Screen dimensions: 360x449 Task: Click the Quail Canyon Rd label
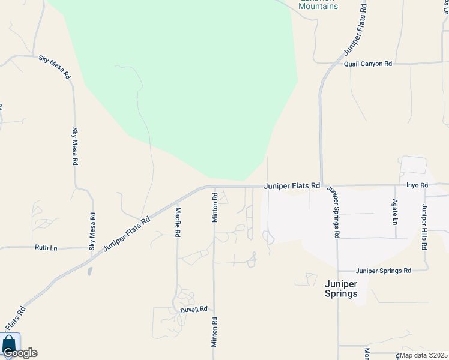(367, 64)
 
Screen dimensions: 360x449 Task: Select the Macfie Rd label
(178, 223)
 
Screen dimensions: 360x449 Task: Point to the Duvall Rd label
(194, 310)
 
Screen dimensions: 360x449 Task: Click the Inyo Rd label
(417, 186)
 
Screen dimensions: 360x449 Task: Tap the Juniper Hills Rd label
(424, 227)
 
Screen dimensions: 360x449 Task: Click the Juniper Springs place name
(341, 289)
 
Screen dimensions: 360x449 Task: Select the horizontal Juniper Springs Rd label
(383, 271)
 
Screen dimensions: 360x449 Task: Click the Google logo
(20, 353)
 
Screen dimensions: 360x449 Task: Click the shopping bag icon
(9, 344)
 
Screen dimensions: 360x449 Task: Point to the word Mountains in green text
(318, 7)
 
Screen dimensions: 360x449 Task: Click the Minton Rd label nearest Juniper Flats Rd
(215, 208)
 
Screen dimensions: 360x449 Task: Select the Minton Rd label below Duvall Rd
(214, 333)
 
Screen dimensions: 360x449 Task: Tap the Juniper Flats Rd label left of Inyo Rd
(291, 186)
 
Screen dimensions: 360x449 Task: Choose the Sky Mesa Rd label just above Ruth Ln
(92, 232)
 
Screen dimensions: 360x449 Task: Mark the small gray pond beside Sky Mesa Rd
(89, 271)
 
